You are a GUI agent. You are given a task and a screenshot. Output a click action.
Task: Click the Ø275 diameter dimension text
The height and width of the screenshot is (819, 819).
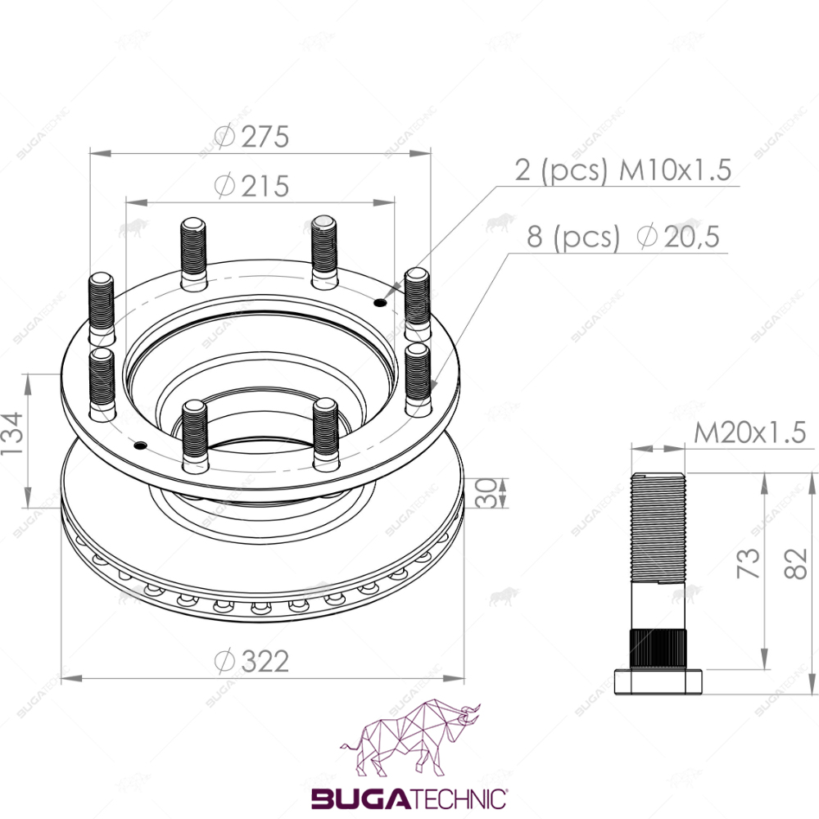[251, 137]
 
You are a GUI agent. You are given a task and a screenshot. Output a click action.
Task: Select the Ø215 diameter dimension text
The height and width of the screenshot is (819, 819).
[251, 186]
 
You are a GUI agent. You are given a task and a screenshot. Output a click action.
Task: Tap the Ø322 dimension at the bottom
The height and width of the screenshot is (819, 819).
[251, 661]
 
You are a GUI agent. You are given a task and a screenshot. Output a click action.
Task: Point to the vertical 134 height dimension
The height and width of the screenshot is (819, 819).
[12, 433]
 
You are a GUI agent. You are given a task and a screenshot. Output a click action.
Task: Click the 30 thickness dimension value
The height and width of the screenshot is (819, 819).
[486, 493]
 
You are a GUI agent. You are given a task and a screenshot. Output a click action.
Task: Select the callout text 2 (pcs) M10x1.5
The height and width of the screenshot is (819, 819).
[622, 170]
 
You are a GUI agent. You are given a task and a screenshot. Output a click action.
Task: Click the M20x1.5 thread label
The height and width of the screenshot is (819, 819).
[749, 432]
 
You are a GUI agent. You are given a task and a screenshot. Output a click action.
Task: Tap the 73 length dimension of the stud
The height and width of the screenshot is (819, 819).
[748, 563]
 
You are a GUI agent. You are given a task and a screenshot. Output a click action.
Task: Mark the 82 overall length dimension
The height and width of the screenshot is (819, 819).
[796, 563]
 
